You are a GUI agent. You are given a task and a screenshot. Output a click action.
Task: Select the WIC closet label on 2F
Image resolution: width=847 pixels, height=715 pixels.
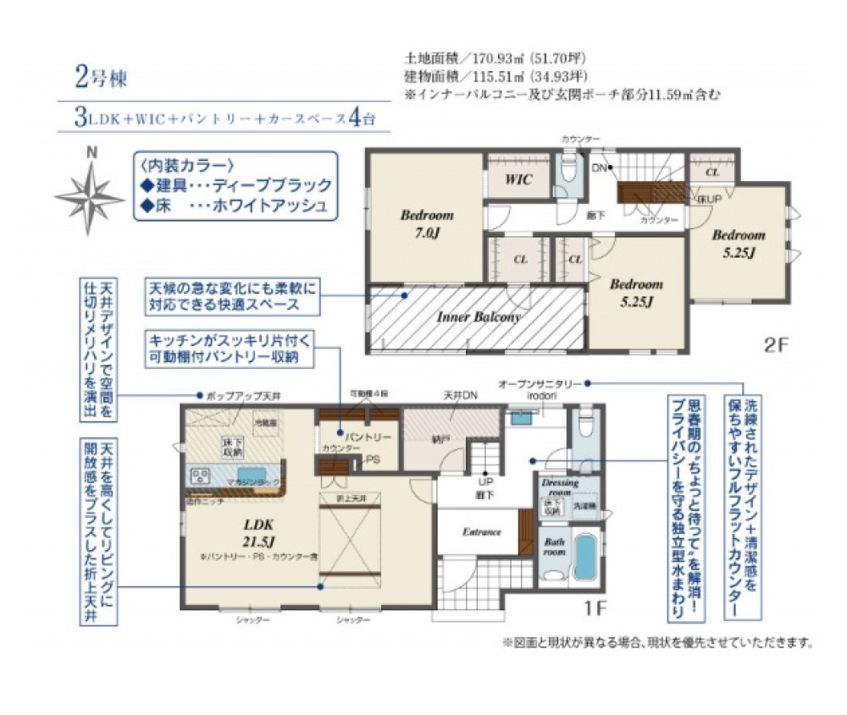coord(518,179)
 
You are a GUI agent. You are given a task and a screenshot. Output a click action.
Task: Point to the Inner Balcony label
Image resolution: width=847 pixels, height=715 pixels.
coord(479,317)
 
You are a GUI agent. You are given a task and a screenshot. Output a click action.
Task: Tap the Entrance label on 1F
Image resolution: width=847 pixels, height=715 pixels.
coord(482,532)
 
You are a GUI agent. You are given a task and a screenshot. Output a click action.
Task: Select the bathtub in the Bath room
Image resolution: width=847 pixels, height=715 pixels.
coord(584,555)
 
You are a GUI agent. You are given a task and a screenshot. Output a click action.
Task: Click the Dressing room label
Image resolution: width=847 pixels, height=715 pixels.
coord(559,487)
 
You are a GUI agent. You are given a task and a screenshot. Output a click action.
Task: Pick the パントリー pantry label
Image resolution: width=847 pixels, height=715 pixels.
coord(367,437)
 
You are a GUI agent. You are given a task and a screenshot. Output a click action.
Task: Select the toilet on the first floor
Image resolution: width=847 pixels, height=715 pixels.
coord(584,425)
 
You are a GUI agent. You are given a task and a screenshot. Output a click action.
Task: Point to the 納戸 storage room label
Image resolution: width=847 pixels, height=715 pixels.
coord(439,439)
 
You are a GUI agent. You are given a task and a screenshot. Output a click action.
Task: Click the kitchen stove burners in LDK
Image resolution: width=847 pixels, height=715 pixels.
coord(201,475)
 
